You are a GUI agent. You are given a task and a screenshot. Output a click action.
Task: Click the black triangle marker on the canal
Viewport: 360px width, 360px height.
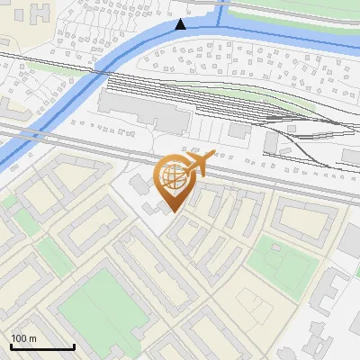(181, 24)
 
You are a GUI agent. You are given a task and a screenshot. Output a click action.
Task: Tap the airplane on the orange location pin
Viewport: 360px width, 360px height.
(199, 163)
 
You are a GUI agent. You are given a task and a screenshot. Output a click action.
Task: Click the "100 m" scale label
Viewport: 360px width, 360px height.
(23, 338)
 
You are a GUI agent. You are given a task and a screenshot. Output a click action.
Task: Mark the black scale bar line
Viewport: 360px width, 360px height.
(42, 346)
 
